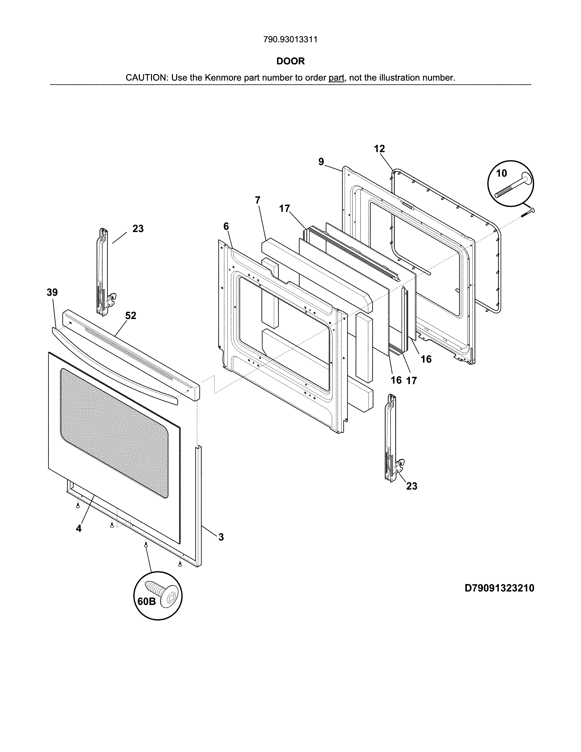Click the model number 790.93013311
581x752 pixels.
290,40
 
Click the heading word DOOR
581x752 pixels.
290,61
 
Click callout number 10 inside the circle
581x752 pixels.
501,173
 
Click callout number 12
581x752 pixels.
379,149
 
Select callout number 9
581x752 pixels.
321,162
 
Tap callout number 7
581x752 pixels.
258,200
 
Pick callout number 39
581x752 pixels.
52,292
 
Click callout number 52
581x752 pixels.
131,315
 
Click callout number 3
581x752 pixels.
221,537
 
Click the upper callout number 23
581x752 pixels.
138,229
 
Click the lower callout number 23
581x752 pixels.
412,486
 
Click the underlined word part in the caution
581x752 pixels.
336,78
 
